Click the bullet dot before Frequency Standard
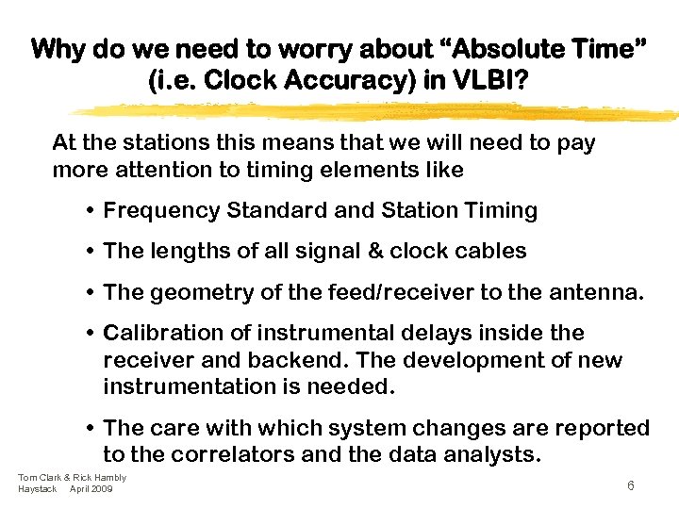click(90, 211)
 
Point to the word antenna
click(592, 292)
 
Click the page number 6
click(630, 484)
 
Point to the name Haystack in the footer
click(38, 488)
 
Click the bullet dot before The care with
click(90, 429)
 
